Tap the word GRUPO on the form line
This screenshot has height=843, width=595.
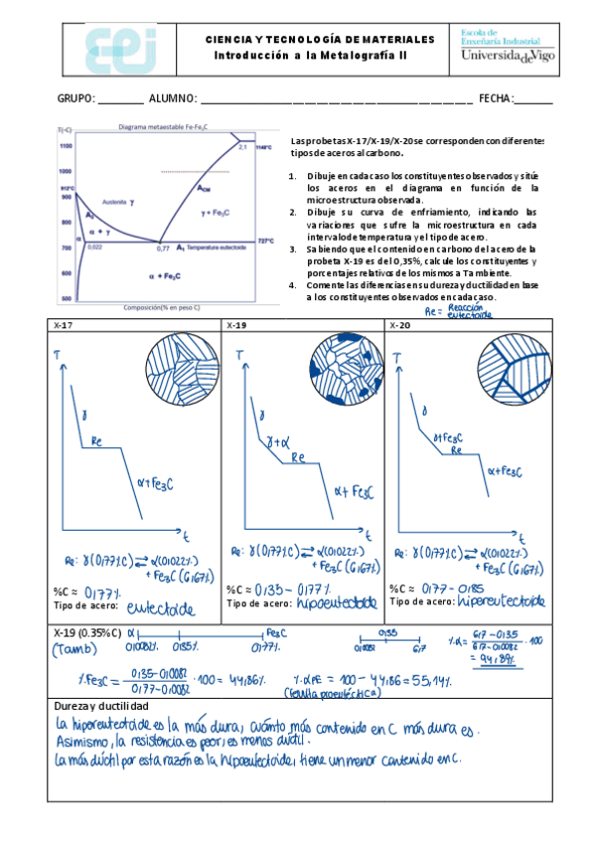pos(75,98)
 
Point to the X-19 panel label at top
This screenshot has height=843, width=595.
pos(235,325)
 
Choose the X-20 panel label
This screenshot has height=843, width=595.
pos(399,325)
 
